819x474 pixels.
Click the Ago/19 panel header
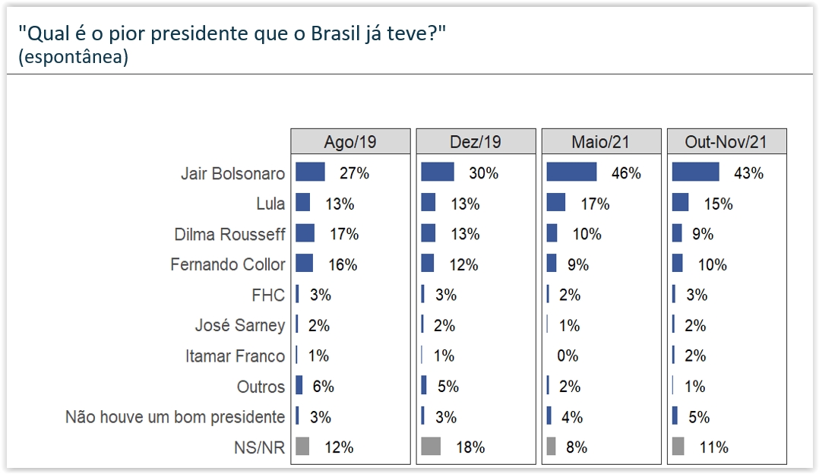(350, 142)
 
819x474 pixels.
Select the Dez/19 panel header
(476, 142)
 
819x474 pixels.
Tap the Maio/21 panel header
(601, 142)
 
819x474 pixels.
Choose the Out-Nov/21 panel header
(726, 142)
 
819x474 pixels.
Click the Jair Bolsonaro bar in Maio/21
(571, 172)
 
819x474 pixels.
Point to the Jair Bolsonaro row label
(232, 173)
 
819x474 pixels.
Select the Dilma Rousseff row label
(229, 234)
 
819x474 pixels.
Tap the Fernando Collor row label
(228, 264)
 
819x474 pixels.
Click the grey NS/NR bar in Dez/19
(431, 447)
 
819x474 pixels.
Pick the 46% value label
(626, 173)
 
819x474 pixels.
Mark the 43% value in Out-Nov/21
(748, 173)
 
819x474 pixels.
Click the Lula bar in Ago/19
(302, 203)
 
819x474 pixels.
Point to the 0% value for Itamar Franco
(568, 355)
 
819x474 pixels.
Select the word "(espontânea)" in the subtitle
(73, 58)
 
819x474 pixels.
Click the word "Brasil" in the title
(346, 34)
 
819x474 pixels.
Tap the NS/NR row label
(261, 447)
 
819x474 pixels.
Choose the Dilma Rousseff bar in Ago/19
(305, 233)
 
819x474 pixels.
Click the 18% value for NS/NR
(470, 447)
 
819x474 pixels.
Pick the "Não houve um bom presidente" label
(175, 417)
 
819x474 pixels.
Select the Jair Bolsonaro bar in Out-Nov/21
(695, 172)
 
